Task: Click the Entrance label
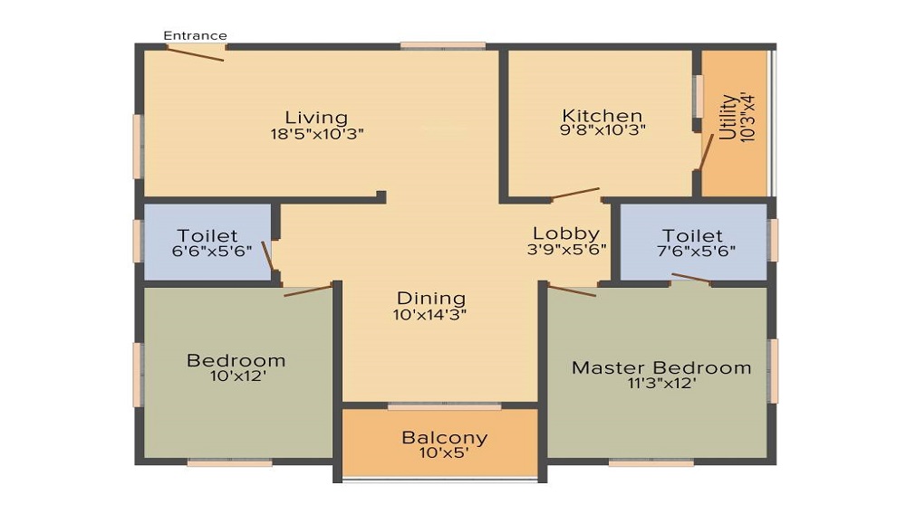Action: coord(195,36)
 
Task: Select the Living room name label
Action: coord(316,118)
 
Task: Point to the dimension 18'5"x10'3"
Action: coord(316,134)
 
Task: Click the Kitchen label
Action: coord(602,116)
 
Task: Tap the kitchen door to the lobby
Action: coord(575,194)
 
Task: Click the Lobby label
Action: coord(566,233)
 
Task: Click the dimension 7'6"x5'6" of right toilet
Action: coord(692,252)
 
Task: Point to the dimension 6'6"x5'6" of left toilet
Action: coord(207,252)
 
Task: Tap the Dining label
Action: coord(431,299)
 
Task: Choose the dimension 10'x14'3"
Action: coord(430,315)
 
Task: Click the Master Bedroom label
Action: coord(661,367)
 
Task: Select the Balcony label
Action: coord(444,438)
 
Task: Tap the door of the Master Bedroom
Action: coord(572,291)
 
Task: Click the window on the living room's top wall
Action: coord(443,45)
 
